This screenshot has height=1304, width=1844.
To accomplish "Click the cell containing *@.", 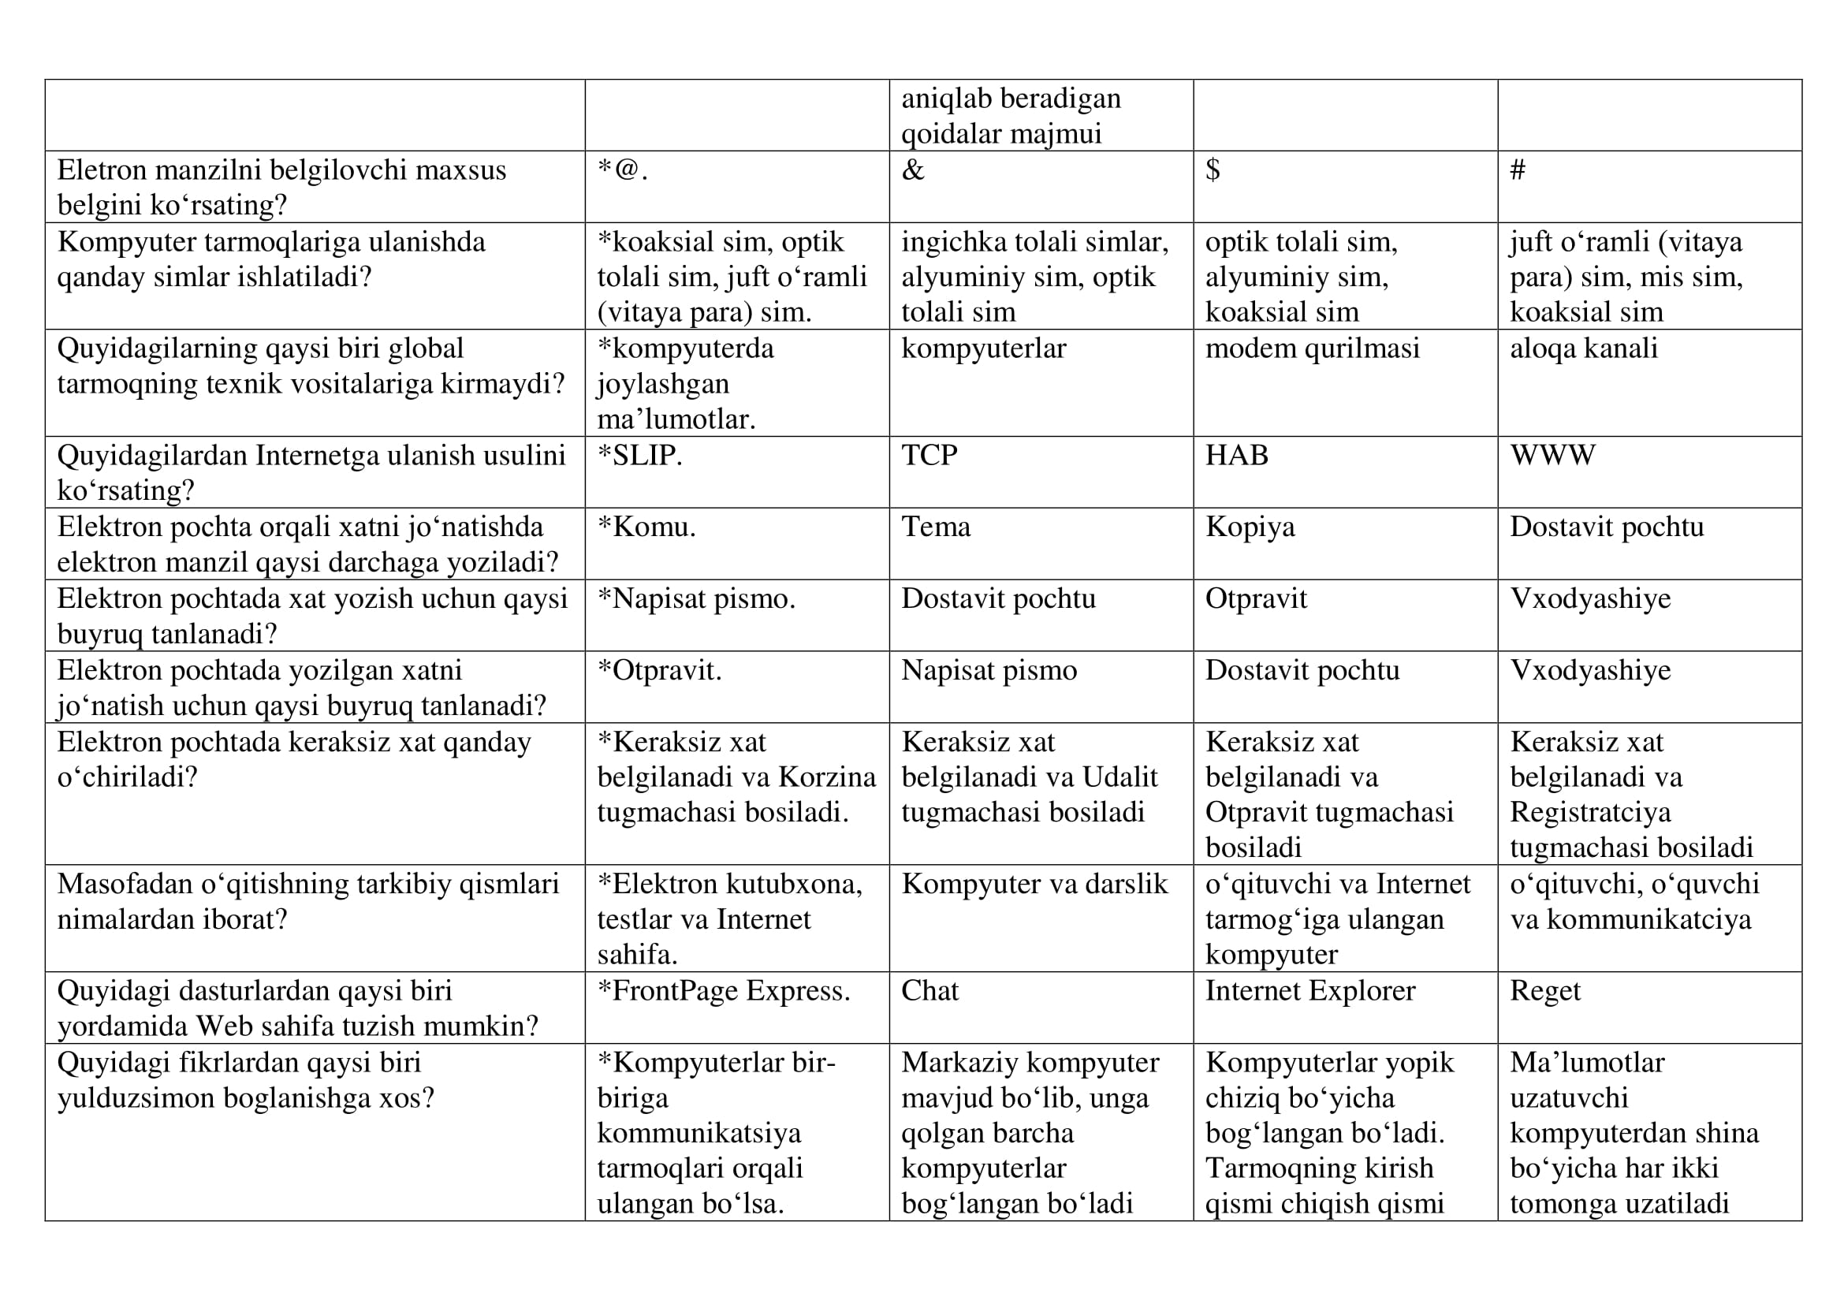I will (623, 170).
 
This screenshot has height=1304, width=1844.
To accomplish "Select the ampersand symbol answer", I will (913, 170).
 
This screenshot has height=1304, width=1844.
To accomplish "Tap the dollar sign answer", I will (1213, 170).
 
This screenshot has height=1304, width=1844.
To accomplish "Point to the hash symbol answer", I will (1517, 170).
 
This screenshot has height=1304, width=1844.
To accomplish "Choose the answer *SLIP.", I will (639, 455).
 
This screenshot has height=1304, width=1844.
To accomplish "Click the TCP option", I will (929, 455).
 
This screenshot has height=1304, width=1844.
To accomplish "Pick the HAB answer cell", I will (1237, 455).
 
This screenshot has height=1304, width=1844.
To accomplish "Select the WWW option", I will (1552, 455).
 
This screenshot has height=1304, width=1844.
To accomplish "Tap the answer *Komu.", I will (646, 527).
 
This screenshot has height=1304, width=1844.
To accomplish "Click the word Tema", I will (936, 527).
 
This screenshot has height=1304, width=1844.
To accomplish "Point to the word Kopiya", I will (1250, 527).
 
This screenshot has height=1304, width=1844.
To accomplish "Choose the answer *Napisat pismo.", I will (696, 599).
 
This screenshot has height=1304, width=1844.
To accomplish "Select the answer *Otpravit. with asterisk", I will (659, 670).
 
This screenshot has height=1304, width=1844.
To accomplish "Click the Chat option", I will (929, 991).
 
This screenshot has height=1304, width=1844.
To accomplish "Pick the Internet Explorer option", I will (1310, 991).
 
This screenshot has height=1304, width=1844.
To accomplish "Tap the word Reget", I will (1544, 991).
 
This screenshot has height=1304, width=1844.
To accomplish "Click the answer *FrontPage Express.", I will (723, 991).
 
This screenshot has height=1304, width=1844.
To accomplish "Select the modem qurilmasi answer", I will (1313, 348).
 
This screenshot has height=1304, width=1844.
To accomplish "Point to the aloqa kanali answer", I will (1583, 348).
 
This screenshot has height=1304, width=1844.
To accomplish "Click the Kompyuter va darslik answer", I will (1034, 884).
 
